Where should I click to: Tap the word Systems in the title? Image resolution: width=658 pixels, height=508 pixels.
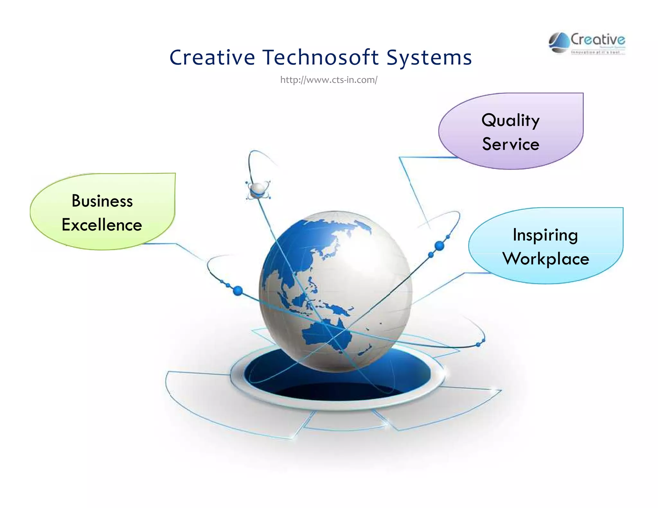click(x=429, y=58)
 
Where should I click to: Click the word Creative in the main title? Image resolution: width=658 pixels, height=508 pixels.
click(x=212, y=57)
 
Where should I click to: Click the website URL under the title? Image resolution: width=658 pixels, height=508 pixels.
click(x=329, y=80)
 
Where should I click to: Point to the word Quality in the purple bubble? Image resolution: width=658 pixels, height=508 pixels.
click(x=511, y=120)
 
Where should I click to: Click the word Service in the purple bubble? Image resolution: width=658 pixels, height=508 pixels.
click(x=511, y=144)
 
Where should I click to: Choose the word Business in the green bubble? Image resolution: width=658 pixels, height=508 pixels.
click(x=102, y=201)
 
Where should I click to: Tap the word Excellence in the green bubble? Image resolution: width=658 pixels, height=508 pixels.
click(x=102, y=225)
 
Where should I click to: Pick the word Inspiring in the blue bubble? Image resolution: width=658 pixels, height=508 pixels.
click(x=545, y=235)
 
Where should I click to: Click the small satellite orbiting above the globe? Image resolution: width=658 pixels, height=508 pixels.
click(x=258, y=190)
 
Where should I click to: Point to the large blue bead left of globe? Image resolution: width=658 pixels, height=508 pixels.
click(x=237, y=291)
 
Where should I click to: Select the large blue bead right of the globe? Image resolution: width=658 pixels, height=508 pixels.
click(x=439, y=246)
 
